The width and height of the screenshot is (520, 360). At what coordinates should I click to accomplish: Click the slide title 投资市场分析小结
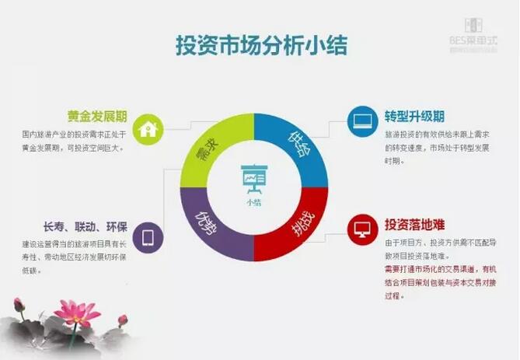tap(260, 45)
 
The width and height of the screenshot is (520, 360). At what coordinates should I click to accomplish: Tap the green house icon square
tap(146, 129)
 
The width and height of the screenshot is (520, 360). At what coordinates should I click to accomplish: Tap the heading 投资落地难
tap(414, 225)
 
